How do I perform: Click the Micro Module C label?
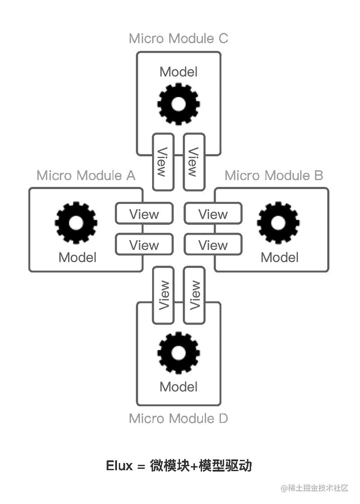point(179,39)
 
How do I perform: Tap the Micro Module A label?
point(86,175)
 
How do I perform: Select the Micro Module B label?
point(274,175)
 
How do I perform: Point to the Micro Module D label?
point(179,418)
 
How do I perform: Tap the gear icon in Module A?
point(76,222)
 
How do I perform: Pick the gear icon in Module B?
point(279,222)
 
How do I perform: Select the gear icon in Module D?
point(179,354)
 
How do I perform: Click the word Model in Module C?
point(179,72)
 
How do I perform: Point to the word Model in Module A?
point(77,257)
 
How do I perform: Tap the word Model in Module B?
point(280,257)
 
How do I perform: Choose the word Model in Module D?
point(179,386)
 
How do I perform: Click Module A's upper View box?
point(144,213)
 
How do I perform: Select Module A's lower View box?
point(144,245)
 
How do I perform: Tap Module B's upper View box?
point(213,213)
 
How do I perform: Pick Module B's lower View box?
point(213,245)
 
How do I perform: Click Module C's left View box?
point(163,162)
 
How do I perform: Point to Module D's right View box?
point(195,295)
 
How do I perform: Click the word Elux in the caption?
point(119,465)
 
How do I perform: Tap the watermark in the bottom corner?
point(314,487)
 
